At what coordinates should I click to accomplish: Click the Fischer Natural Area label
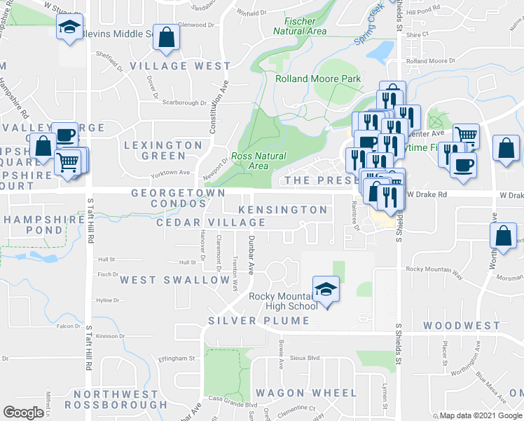(x=300, y=26)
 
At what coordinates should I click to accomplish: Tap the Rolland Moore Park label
(x=319, y=79)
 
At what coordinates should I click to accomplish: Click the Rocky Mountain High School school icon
(x=326, y=288)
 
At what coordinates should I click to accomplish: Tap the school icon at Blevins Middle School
(x=69, y=27)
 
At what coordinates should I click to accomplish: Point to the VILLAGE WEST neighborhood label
(x=180, y=66)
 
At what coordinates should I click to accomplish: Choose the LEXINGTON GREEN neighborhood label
(x=163, y=150)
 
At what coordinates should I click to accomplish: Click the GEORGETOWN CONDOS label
(x=179, y=198)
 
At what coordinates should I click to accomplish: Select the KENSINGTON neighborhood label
(x=282, y=210)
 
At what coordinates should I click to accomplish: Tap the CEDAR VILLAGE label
(x=211, y=222)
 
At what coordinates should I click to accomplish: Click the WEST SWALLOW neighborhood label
(x=174, y=280)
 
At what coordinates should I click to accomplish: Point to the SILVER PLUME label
(x=258, y=321)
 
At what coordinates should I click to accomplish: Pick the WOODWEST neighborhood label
(x=462, y=326)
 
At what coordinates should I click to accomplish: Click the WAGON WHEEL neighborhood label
(x=296, y=392)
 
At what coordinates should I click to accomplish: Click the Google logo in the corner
(x=23, y=413)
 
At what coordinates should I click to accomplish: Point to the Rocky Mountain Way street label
(x=434, y=269)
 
